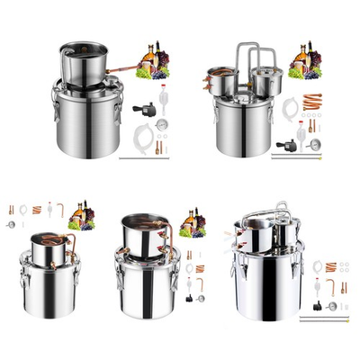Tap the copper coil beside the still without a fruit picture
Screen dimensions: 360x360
[330, 266]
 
